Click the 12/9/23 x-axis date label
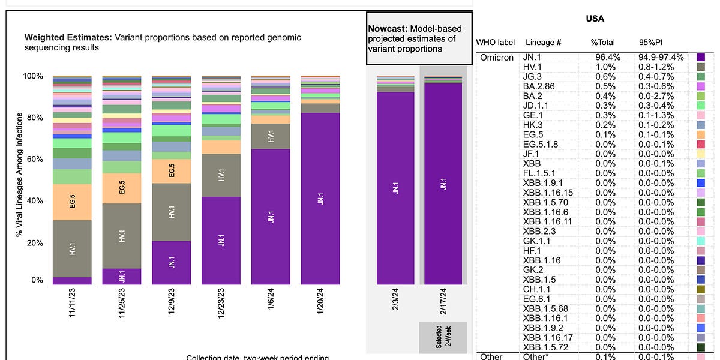coord(172,306)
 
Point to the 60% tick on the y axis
coord(34,159)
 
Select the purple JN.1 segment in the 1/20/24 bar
coord(320,198)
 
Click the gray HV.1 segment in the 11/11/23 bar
coord(72,248)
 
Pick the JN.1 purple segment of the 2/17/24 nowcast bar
coord(443,183)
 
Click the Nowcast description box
coord(419,38)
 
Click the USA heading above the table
coord(595,19)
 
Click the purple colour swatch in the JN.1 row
coord(700,58)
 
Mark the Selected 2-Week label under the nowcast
coord(443,337)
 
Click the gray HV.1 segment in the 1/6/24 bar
coord(271,136)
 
